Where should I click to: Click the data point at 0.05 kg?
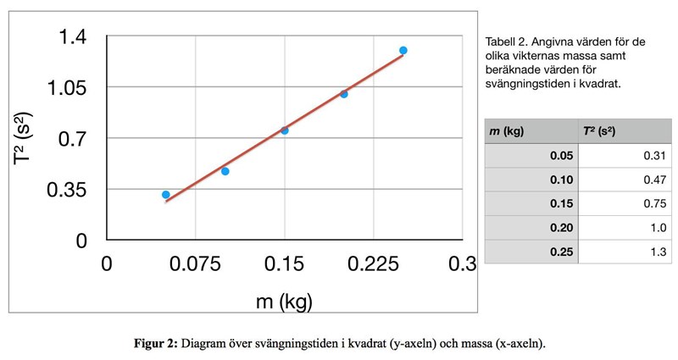tap(166, 195)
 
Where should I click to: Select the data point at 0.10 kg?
tap(225, 171)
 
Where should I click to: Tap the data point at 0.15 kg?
tap(285, 130)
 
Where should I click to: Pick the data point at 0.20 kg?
tap(344, 94)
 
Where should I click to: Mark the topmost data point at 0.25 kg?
tap(403, 51)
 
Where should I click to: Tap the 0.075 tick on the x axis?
tap(196, 265)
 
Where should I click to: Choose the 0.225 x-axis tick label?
tap(374, 265)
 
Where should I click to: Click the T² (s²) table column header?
tap(594, 131)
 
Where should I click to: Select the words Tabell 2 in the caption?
tap(507, 41)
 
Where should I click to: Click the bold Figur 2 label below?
tap(156, 344)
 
